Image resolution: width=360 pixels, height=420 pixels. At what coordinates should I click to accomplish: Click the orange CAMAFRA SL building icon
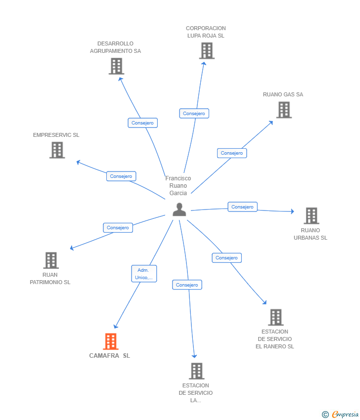111,341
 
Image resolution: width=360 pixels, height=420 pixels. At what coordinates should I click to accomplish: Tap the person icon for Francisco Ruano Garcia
180,210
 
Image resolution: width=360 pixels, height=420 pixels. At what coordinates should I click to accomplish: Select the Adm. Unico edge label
144,273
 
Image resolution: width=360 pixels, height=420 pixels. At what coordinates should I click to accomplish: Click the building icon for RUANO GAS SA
284,110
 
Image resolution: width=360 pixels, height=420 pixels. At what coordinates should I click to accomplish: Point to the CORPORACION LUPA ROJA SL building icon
207,50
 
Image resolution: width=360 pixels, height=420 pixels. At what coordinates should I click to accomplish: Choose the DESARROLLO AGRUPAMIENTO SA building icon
116,66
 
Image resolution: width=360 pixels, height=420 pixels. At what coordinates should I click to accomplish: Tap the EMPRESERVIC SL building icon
57,150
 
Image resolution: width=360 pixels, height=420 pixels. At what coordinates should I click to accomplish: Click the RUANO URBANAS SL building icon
312,215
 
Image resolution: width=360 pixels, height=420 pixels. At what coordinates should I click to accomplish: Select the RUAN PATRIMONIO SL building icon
51,260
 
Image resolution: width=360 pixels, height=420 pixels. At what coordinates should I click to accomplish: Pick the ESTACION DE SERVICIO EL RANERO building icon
276,317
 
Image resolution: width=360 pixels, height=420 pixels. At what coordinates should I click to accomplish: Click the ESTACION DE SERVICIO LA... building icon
196,371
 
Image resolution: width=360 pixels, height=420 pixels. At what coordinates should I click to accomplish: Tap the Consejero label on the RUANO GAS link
232,153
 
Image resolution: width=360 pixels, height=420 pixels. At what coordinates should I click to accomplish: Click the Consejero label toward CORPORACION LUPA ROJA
194,114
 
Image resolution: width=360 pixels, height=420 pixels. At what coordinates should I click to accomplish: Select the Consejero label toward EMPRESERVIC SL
121,176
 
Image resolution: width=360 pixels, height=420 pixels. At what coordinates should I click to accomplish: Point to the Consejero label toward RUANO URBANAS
243,207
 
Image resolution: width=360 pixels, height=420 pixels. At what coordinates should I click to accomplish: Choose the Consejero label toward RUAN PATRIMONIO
118,228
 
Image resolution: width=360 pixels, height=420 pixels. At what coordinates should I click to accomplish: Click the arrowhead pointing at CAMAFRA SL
116,326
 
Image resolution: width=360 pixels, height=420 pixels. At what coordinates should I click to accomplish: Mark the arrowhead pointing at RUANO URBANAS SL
292,211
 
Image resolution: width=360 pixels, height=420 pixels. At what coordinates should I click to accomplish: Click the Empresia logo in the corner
340,415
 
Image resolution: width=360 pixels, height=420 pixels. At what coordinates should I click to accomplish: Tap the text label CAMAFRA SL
110,356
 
